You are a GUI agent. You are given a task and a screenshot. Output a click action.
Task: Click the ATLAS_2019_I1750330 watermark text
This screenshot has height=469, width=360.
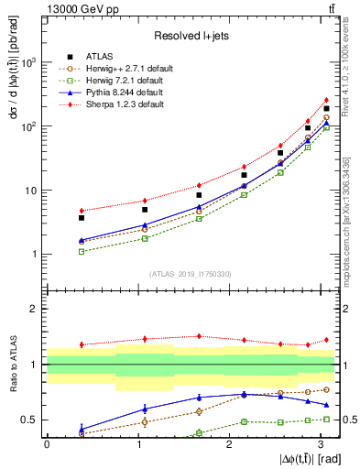190,273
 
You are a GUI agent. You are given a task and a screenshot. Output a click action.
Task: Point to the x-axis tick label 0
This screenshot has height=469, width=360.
47,443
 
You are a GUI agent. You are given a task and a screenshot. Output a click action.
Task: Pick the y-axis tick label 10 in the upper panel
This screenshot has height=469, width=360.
34,191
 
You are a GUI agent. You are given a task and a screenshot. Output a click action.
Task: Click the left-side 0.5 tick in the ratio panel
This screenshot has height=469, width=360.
31,420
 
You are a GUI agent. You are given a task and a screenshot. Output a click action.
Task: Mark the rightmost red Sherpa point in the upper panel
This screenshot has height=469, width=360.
326,100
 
